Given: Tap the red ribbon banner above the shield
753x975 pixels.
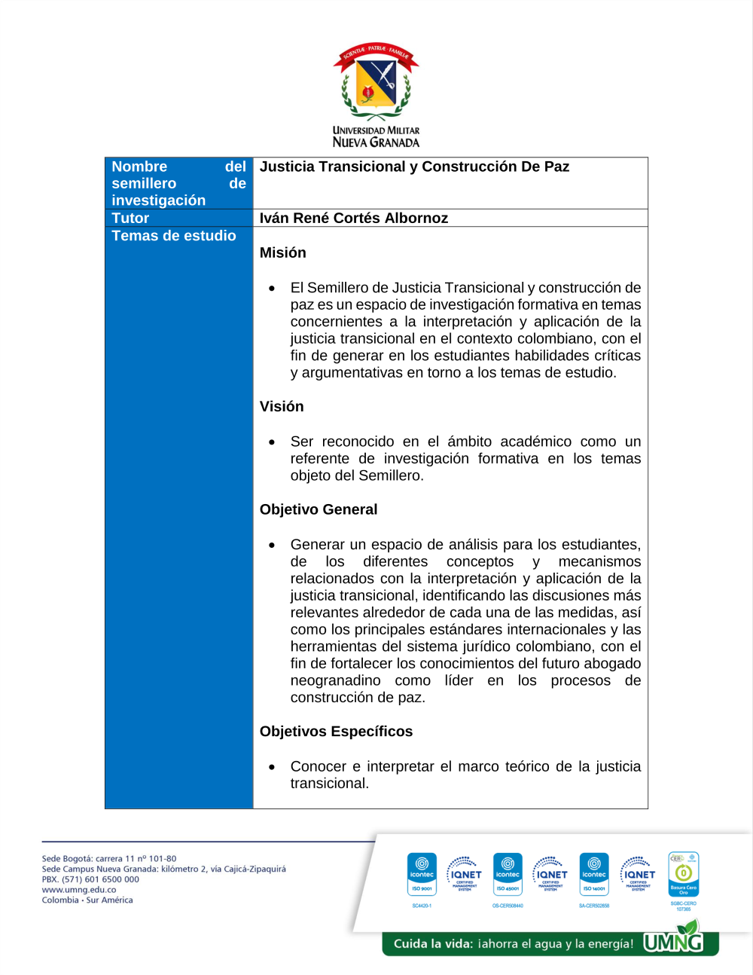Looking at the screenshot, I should click(376, 53).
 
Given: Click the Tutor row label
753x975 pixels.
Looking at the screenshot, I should click(130, 218).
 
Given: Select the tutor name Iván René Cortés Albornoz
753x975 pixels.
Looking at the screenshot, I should click(353, 218).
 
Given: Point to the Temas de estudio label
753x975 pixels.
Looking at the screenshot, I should click(173, 236).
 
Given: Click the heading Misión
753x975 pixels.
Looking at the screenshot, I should click(282, 252).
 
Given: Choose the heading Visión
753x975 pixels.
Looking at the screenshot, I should click(282, 406).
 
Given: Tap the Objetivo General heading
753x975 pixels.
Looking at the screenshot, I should click(319, 509).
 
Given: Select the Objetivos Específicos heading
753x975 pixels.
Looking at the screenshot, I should click(336, 732).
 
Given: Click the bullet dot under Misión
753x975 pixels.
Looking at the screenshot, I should click(272, 289).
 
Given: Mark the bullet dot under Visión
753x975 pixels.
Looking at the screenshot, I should click(272, 442).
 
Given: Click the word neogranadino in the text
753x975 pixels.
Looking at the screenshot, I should click(335, 680).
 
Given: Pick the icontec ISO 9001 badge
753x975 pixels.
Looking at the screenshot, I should click(422, 874).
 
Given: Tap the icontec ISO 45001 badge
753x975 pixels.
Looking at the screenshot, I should click(508, 874).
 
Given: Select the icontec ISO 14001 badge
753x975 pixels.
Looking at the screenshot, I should click(594, 874).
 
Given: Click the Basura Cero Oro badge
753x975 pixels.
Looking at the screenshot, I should click(683, 874).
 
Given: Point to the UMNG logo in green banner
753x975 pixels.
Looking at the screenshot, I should click(673, 941).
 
